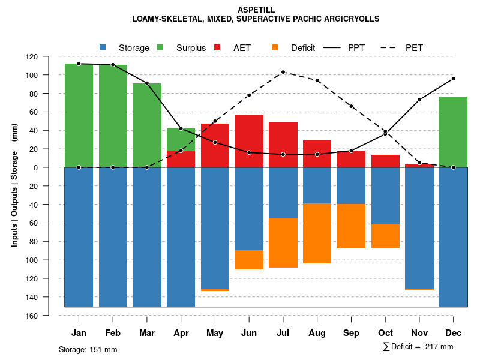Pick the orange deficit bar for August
(317, 233)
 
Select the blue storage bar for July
(283, 193)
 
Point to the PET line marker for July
(283, 72)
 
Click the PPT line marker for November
(419, 100)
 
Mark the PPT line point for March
(147, 83)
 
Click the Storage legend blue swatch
(103, 47)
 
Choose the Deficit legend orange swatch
(275, 47)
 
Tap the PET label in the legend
(414, 47)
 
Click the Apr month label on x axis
(181, 333)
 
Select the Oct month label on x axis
(385, 333)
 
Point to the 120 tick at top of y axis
(49, 56)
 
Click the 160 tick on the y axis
(49, 316)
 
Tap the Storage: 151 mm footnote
(88, 349)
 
